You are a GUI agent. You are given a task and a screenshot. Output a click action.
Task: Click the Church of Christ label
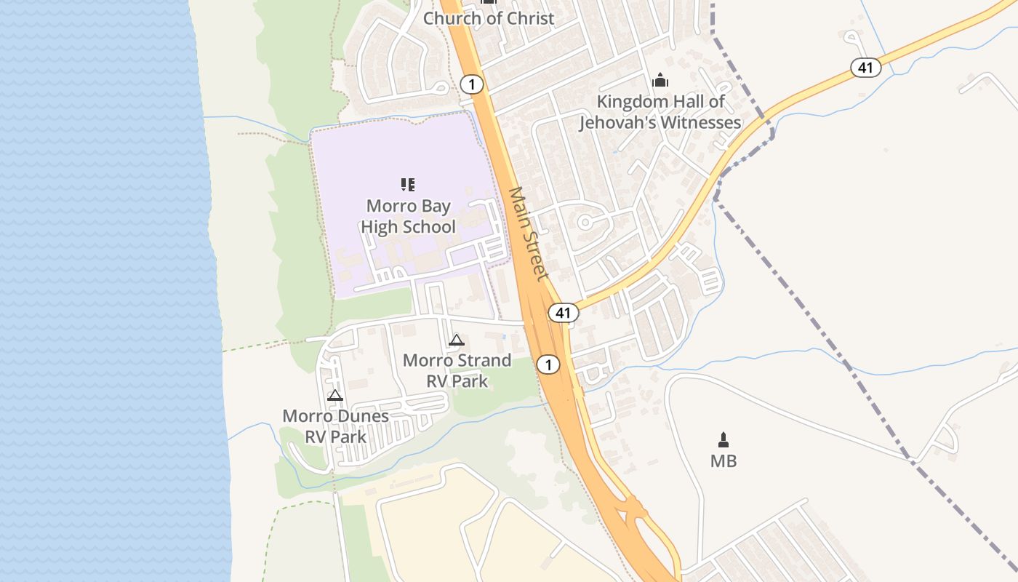pos(489,18)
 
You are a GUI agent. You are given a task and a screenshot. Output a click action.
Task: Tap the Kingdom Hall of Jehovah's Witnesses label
pos(660,112)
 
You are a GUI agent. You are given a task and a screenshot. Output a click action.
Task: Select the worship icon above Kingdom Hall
pos(660,80)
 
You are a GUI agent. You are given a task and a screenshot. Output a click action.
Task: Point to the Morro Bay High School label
pos(408,216)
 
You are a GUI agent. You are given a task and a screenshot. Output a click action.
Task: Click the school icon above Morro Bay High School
pos(408,185)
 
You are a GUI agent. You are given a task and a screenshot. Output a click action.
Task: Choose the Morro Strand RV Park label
pos(457,370)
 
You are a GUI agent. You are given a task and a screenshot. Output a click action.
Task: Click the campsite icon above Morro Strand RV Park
pos(456,340)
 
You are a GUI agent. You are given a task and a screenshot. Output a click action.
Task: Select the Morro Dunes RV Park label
pos(335,426)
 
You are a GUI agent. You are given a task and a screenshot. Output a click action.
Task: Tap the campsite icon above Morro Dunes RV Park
pos(334,396)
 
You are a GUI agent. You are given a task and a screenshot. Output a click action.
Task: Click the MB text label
pos(724,461)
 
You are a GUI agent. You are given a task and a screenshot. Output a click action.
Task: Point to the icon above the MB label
pos(724,439)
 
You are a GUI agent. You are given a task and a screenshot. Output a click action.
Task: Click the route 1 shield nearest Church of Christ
pos(472,85)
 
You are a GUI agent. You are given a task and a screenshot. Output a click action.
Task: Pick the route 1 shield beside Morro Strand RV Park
pos(548,364)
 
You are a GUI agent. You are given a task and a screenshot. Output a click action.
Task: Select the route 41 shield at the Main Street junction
pos(563,313)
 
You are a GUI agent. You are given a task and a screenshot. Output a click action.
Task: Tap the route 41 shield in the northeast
pos(865,68)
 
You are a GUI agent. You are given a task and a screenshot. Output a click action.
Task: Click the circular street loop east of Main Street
pos(584,222)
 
